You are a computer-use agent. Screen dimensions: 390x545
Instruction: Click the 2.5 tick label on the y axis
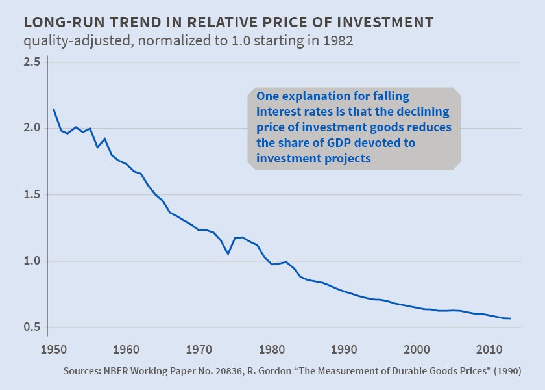coord(32,62)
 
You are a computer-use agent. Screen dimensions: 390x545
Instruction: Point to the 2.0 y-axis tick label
coord(32,128)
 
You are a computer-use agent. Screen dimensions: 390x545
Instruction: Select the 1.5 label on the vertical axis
coord(32,194)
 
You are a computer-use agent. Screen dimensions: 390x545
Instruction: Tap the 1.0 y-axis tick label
coord(32,261)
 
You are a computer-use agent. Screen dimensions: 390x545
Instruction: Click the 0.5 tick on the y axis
coord(32,327)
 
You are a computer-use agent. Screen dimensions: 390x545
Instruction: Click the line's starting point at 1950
coord(53,109)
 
